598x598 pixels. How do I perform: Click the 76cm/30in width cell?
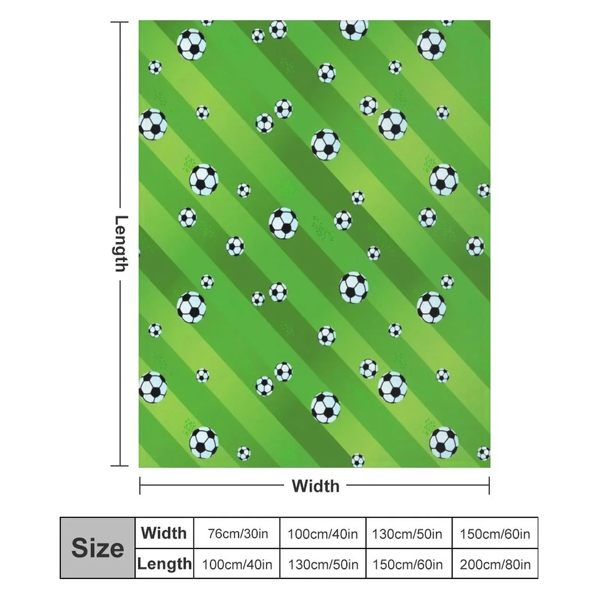238,534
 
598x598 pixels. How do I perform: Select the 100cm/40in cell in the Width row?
323,534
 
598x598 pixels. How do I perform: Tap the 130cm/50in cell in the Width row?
407,534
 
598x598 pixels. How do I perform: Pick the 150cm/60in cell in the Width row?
495,534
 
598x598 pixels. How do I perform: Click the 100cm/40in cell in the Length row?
237,564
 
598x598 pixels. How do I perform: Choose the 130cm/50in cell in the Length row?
323,564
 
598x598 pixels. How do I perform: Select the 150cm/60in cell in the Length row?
407,564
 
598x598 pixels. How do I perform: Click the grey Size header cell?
98,548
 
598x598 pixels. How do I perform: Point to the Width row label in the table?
164,533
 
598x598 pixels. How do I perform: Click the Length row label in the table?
164,564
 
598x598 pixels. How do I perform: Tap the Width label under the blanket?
315,486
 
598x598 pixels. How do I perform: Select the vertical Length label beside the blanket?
121,243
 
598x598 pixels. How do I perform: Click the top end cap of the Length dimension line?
120,22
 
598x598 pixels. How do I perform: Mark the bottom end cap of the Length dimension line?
120,466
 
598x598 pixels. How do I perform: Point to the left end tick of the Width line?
140,486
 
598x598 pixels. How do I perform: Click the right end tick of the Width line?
489,486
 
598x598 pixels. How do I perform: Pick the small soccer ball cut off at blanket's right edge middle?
484,190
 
